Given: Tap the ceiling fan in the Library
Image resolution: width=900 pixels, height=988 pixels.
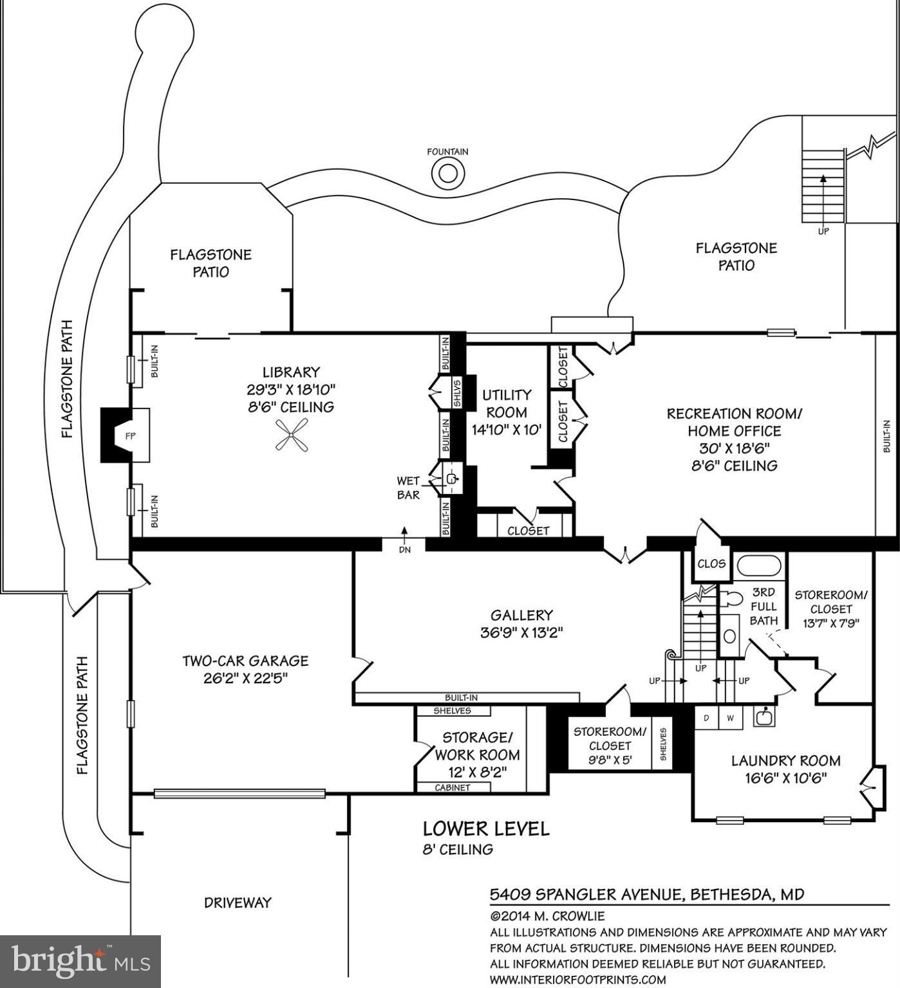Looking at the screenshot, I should [292, 435].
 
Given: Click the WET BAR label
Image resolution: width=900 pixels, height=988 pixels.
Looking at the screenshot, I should [408, 488].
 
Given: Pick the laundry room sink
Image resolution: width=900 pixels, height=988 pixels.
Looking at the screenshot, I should [764, 717].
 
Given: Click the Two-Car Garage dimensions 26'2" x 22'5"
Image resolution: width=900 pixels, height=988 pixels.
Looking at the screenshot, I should [245, 678].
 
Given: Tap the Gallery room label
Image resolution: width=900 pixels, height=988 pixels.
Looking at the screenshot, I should [521, 616].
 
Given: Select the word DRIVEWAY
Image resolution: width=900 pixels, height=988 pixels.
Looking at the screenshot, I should [238, 902].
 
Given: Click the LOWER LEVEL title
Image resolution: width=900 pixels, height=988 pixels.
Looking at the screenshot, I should [486, 829].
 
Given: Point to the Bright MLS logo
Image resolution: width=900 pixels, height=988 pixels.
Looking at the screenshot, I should [80, 961].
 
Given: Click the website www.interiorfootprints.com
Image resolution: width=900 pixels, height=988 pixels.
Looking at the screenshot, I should [577, 980].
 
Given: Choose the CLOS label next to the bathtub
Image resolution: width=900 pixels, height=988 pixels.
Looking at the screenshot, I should [711, 564].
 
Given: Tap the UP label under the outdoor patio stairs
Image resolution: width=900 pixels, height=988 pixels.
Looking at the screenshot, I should [823, 232].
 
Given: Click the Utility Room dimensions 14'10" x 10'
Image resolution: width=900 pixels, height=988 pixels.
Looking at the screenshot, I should [507, 430].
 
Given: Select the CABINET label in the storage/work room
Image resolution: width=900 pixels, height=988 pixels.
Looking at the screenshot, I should [452, 788].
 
